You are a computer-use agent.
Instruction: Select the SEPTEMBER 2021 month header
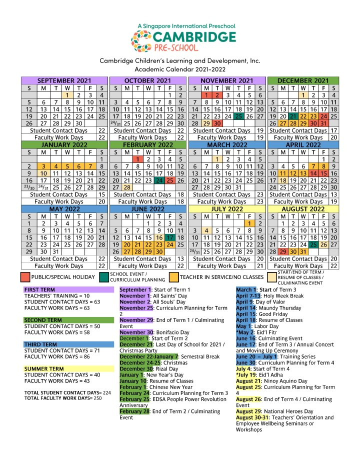tap(64, 80)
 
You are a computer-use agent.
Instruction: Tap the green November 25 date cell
tap(238, 116)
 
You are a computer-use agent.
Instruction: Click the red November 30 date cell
tap(217, 123)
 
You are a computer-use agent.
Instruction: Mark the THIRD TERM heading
tap(39, 344)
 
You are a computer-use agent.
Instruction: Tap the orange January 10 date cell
tap(43, 173)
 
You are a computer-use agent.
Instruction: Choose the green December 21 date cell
tap(293, 116)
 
